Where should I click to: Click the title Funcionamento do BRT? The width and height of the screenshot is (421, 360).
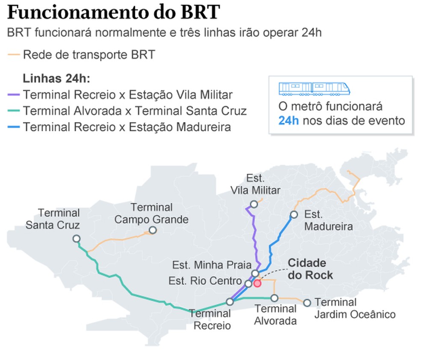tap(113, 13)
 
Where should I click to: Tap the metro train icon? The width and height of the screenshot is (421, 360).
tap(314, 89)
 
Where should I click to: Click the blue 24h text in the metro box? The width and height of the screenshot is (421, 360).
tap(288, 120)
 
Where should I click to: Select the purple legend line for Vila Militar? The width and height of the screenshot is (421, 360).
tap(14, 95)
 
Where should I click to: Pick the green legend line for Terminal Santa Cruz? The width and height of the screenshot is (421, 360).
tap(14, 111)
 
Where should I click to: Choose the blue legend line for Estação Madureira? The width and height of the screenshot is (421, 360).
tap(14, 128)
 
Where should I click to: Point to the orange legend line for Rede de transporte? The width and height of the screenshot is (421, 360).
tap(14, 55)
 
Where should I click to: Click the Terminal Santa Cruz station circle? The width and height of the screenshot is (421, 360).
tap(77, 238)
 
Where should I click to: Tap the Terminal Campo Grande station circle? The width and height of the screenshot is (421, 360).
tap(152, 230)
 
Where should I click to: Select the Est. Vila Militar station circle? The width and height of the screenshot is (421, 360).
tap(254, 204)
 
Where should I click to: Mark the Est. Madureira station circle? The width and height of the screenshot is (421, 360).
tap(294, 214)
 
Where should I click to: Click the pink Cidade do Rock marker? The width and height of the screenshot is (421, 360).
tap(257, 283)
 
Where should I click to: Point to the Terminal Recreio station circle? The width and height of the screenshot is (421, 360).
tap(230, 301)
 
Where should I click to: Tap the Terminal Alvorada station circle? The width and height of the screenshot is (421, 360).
tap(274, 298)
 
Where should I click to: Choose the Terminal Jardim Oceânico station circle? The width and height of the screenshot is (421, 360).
tap(307, 303)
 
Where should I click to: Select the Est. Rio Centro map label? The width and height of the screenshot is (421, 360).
tap(205, 281)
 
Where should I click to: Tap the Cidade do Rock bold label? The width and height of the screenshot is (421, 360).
tap(310, 269)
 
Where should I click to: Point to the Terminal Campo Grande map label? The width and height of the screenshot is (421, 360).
tap(151, 214)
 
